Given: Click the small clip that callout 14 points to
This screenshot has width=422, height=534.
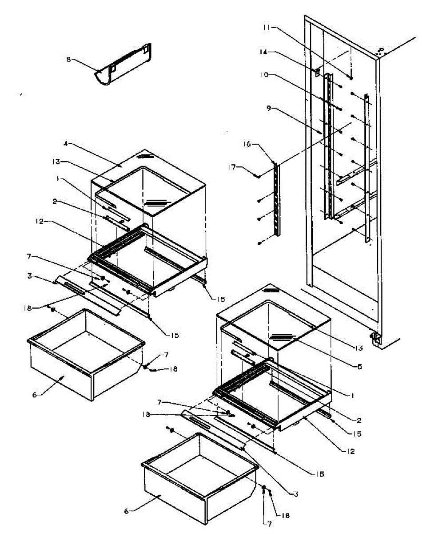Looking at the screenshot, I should click(x=317, y=71).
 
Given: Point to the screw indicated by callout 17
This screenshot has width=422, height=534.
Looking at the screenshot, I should click(x=258, y=176).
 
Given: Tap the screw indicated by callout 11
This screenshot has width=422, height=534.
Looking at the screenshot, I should click(x=351, y=77).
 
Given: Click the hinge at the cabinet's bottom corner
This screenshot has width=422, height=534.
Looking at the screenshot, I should click(x=376, y=339).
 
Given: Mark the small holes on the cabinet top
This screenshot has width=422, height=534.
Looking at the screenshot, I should click(x=380, y=51).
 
